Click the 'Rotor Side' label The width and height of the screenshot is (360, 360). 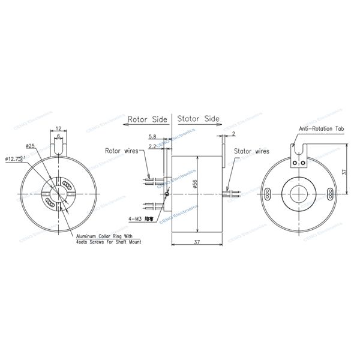(147, 119)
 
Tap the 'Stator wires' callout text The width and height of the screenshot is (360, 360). (251, 152)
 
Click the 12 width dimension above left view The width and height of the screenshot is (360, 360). (58, 128)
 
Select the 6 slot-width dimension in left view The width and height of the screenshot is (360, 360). (58, 137)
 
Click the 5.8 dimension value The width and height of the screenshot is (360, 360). (152, 137)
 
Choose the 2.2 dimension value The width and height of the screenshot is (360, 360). (152, 145)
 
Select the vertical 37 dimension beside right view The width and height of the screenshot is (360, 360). (344, 172)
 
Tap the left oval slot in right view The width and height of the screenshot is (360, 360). (269, 193)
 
